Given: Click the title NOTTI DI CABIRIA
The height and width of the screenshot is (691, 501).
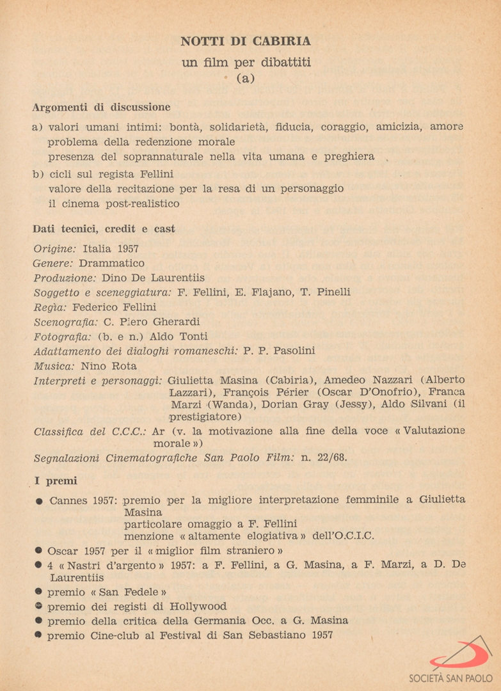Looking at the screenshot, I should pyautogui.click(x=246, y=42).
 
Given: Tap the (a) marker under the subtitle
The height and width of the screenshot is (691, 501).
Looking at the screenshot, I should pyautogui.click(x=246, y=79).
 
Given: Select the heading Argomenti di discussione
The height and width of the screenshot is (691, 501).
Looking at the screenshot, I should pyautogui.click(x=101, y=107).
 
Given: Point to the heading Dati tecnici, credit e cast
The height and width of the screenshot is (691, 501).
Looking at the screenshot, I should pyautogui.click(x=104, y=229).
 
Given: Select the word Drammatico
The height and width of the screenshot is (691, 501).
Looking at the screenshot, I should pyautogui.click(x=112, y=263).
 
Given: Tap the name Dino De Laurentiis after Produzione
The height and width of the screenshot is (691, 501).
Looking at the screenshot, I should pyautogui.click(x=153, y=278).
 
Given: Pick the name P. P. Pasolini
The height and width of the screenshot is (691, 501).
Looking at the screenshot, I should pyautogui.click(x=279, y=351).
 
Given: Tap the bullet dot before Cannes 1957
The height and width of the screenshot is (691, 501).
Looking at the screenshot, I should pyautogui.click(x=38, y=501).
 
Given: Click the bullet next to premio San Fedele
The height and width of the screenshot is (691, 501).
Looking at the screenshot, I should pyautogui.click(x=38, y=592).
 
